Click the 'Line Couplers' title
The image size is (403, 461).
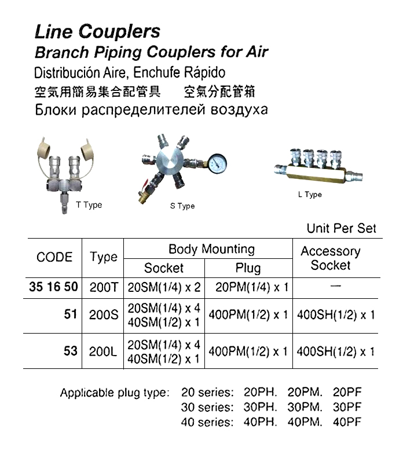(x=97, y=31)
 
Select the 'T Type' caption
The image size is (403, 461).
(x=89, y=205)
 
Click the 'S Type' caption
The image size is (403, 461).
(x=182, y=206)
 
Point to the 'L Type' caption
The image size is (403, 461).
(x=310, y=195)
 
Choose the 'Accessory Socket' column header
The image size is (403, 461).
(x=330, y=258)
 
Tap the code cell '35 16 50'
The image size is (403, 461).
(x=53, y=287)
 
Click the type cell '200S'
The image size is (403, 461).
(x=103, y=315)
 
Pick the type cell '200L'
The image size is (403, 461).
(x=103, y=351)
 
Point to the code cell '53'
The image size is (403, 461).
(x=71, y=351)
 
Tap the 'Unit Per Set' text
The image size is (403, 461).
(x=341, y=228)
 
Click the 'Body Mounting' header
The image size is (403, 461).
(x=211, y=250)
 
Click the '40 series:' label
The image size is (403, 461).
(x=207, y=422)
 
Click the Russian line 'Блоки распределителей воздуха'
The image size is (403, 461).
(x=151, y=109)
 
